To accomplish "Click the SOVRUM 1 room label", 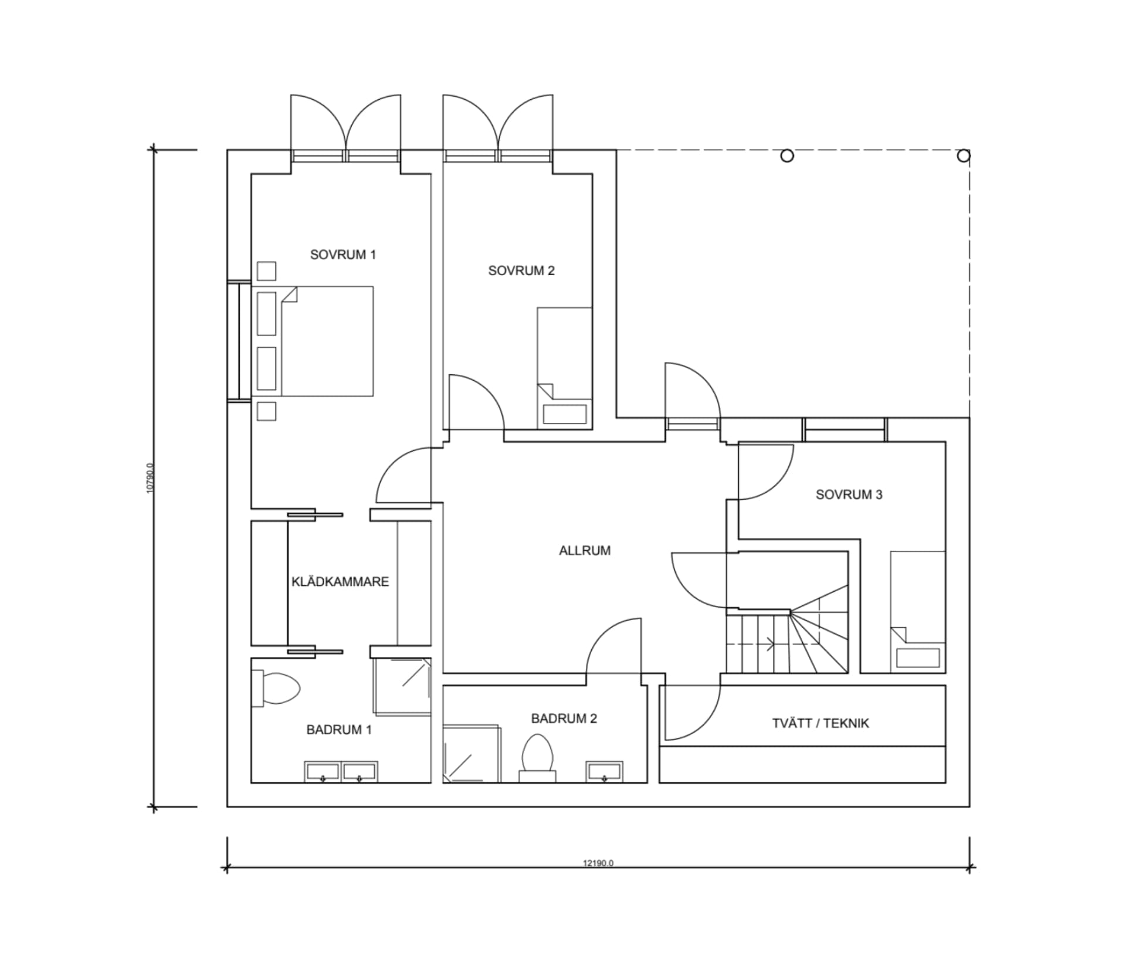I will click(342, 255).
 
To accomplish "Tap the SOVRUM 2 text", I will click(521, 270).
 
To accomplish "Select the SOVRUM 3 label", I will click(849, 494).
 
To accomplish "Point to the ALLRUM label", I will click(585, 550).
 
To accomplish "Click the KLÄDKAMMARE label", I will click(340, 582).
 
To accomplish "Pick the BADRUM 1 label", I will click(338, 730).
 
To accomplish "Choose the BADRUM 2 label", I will click(564, 718).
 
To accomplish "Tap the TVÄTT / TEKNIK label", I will click(820, 723).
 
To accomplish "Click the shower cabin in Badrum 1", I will click(402, 686).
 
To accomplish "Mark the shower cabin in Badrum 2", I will click(472, 754).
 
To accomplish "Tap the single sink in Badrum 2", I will click(605, 771).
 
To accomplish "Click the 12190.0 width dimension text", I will click(598, 863).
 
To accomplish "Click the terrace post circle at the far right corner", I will click(964, 156).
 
